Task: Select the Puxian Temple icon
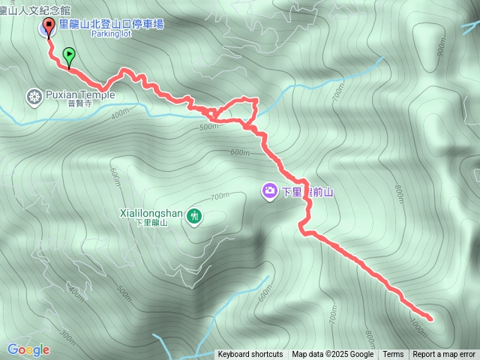pos(34,96)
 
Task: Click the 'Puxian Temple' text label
pos(80,95)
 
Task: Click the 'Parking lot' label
pos(111,34)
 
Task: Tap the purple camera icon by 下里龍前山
pos(268,191)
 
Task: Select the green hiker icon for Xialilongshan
pos(194,217)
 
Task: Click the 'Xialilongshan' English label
pos(151,213)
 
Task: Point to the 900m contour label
pos(440,47)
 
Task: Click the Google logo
pos(28,349)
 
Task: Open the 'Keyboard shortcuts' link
pos(250,355)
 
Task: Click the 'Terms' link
pos(393,355)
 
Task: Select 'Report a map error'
pos(444,355)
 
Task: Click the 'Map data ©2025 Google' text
pos(332,355)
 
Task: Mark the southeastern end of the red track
pos(430,319)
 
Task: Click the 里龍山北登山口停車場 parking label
pos(110,25)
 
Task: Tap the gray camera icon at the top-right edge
pos(471,28)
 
